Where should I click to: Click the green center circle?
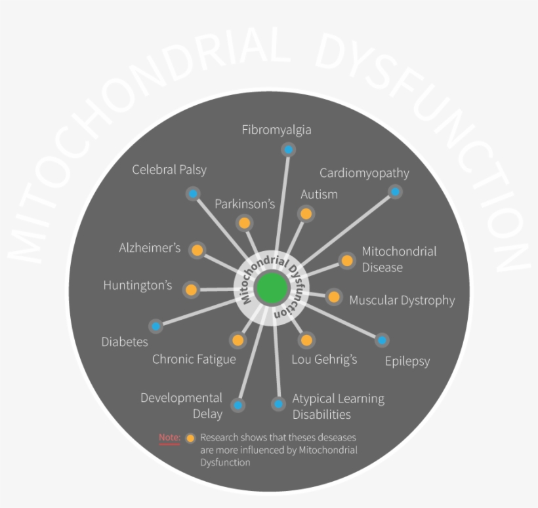coord(272,288)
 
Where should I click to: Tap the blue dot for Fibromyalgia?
coord(287,149)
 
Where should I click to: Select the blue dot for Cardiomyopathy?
coord(394,192)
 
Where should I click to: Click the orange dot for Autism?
coord(305,213)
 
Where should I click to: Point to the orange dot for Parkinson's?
coord(244,223)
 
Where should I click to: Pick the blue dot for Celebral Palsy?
coord(192,194)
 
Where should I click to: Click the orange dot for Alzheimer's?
coord(197,250)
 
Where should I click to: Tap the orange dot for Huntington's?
coord(191,289)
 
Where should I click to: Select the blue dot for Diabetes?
coord(156,326)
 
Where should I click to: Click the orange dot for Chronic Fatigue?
coord(238,340)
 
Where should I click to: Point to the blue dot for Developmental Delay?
coord(238,405)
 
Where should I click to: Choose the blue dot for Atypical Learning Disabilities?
coord(279,404)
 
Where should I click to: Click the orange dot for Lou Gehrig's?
coord(306,340)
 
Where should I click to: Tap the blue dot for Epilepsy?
coord(382,340)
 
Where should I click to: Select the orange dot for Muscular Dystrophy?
coord(334,297)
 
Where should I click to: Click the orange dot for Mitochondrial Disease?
coord(346,260)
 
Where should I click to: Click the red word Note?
coord(169,437)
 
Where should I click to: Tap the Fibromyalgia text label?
coord(276,130)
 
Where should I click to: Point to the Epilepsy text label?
coord(407,361)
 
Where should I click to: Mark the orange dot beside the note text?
coord(190,438)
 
